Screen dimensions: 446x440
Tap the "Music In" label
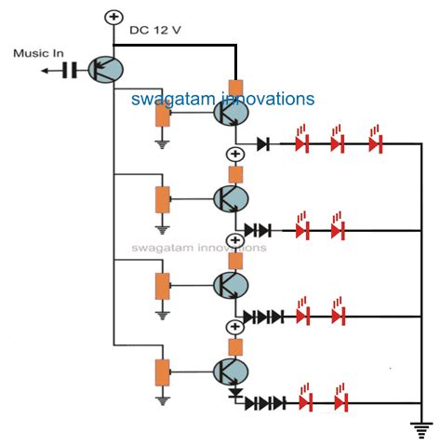tap(36, 52)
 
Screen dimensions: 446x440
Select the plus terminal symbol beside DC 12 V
tap(114, 17)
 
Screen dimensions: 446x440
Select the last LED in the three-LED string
tap(375, 144)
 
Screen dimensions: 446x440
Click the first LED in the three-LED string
tap(300, 144)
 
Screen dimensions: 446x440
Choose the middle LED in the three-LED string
tap(337, 144)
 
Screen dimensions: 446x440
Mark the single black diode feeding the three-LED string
tap(264, 144)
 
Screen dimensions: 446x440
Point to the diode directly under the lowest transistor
tap(236, 396)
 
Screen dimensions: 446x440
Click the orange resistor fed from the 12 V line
tap(236, 90)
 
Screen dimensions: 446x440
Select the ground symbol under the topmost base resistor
tap(163, 143)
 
